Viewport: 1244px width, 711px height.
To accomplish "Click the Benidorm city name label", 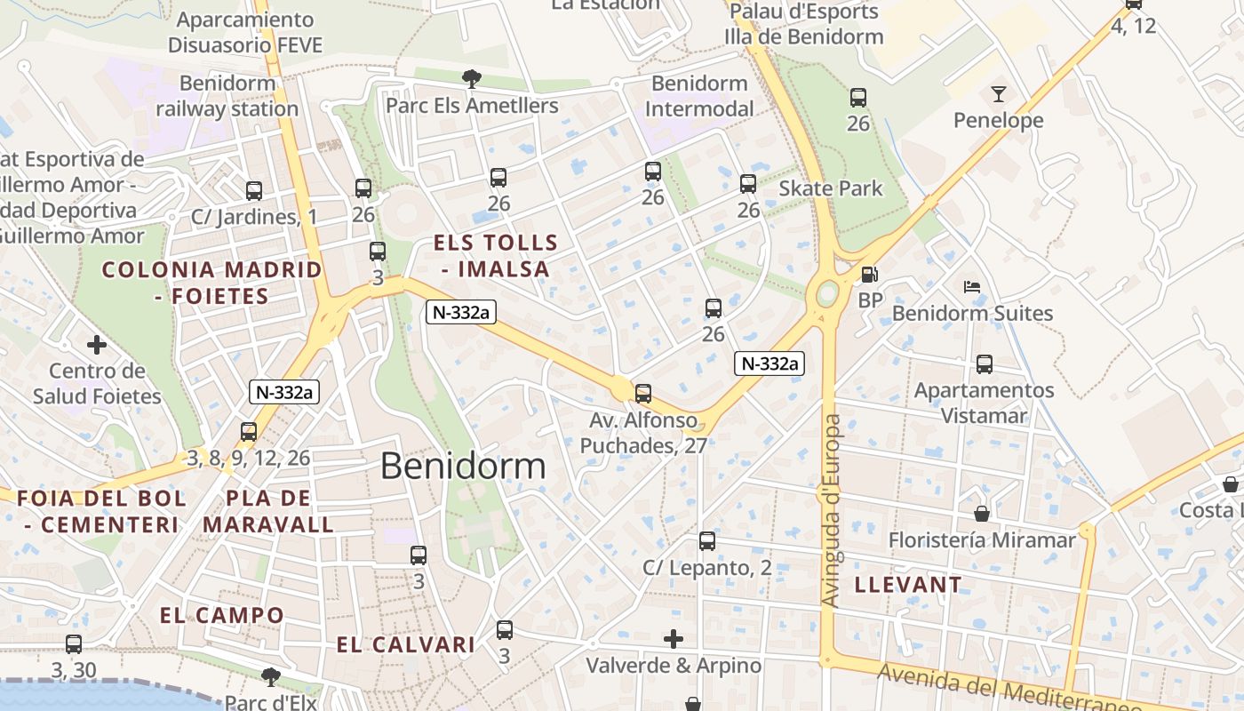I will [x=463, y=466].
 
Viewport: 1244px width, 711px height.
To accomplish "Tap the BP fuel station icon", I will [x=869, y=275].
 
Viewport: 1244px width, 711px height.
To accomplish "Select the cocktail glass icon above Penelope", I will [x=999, y=93].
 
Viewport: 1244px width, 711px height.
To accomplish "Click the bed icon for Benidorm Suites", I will [x=972, y=287].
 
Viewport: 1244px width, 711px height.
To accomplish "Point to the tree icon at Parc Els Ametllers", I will [x=472, y=79].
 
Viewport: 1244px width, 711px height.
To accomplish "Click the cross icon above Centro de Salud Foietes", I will [x=97, y=344].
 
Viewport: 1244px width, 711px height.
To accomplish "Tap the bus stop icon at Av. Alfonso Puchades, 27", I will [x=643, y=393].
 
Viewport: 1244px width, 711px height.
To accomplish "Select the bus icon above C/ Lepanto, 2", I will [x=707, y=540].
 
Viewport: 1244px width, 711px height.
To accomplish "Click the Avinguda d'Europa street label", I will [x=831, y=511].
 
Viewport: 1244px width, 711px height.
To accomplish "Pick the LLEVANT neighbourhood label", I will [x=908, y=585].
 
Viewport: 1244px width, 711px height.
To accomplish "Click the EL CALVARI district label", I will [x=405, y=645].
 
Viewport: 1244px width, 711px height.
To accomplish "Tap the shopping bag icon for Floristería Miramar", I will [x=982, y=514].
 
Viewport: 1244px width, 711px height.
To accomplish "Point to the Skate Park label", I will [x=831, y=188].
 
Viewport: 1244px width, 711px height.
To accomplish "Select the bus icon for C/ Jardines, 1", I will [x=254, y=190].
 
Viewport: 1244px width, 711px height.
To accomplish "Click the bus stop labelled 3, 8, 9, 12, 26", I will [x=249, y=432].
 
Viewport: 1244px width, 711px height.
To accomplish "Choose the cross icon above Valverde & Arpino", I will [x=674, y=638].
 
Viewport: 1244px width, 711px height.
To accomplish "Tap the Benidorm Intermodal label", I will [x=699, y=96].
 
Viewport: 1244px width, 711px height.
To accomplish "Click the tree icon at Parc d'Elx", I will [x=271, y=677].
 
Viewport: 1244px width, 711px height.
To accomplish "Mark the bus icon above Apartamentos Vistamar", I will [x=985, y=363].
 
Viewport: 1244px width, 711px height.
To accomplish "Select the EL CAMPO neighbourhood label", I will [x=222, y=615].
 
